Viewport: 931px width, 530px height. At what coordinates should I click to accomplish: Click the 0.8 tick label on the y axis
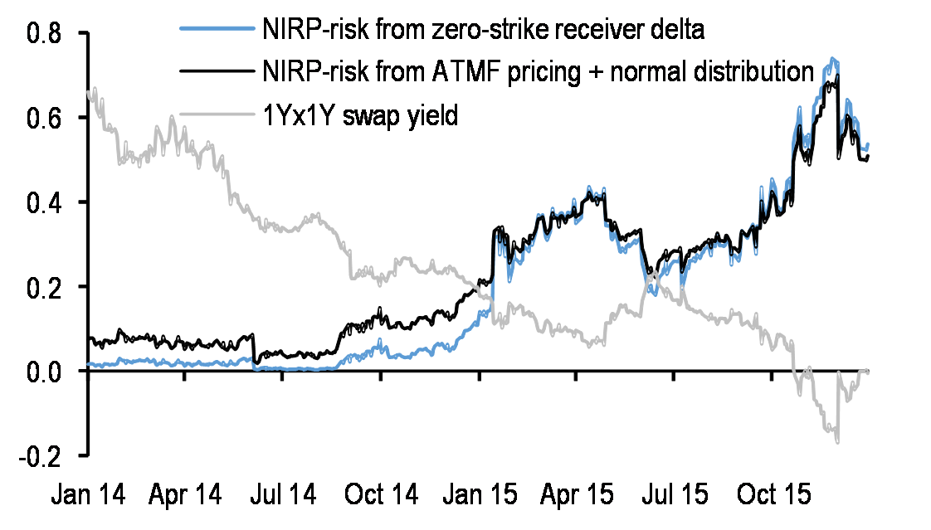click(x=46, y=33)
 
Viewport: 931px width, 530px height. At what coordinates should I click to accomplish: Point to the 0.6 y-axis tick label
click(x=46, y=118)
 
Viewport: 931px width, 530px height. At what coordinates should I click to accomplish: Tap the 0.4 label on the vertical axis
click(x=46, y=202)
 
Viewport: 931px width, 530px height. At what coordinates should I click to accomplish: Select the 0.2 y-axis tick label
click(x=46, y=287)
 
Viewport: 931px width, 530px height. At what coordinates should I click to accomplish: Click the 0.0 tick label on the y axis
click(x=46, y=371)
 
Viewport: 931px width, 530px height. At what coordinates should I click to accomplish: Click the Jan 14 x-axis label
click(x=88, y=495)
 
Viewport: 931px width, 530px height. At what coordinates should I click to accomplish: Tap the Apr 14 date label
click(x=186, y=495)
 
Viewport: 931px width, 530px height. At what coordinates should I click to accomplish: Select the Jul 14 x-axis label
click(x=283, y=495)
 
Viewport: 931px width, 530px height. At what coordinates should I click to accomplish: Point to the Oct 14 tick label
click(x=381, y=495)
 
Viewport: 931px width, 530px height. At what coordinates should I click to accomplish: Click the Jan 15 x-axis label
click(x=479, y=495)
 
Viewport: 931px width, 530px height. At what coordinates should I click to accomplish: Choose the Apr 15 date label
click(x=577, y=495)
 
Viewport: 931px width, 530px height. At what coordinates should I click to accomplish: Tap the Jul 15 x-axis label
click(x=673, y=495)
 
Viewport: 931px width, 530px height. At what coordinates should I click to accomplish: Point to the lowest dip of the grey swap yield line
click(x=837, y=442)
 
